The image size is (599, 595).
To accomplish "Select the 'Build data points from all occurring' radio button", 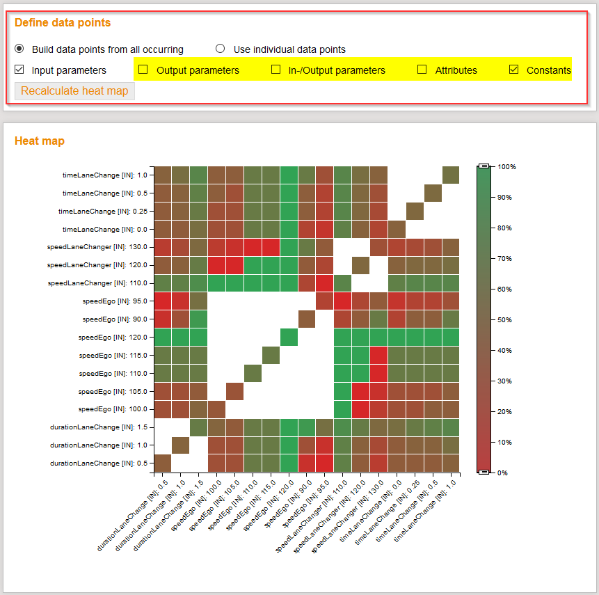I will [x=19, y=49].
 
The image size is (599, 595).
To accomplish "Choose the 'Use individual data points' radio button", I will [x=221, y=49].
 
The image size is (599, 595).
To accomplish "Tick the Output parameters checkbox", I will [x=143, y=70].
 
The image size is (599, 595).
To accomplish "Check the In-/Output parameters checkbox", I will [x=275, y=70].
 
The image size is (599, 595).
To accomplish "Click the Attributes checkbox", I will [x=422, y=70].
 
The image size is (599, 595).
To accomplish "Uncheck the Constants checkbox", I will [x=514, y=70].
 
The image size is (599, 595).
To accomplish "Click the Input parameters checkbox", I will [x=19, y=70].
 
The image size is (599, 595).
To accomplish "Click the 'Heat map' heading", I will [x=40, y=141].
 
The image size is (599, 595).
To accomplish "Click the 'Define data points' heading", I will [x=63, y=22].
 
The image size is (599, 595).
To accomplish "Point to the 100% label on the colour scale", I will [x=506, y=167].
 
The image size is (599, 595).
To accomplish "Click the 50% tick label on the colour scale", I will [x=505, y=319].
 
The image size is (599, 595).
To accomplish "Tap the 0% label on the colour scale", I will [x=504, y=473].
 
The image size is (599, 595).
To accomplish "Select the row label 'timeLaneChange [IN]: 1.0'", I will [x=105, y=175].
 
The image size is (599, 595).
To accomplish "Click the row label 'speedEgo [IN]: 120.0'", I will [x=113, y=337].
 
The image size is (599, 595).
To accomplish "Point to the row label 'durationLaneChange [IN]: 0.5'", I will [x=99, y=463].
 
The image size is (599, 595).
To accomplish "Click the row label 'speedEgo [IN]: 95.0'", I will [x=115, y=301].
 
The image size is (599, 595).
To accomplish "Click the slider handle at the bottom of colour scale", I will [x=484, y=473].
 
